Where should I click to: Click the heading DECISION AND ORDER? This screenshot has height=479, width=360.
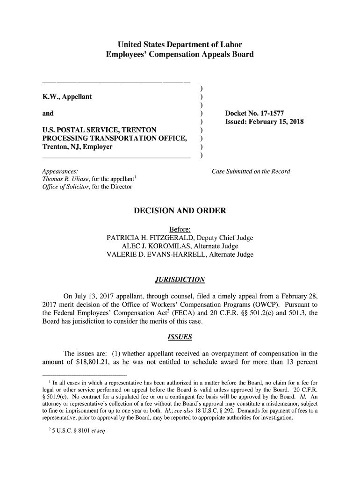point(180,210)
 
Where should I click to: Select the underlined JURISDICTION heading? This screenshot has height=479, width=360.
point(180,280)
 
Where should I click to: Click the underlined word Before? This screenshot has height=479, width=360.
point(180,230)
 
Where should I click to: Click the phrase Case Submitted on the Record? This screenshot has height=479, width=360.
point(251,171)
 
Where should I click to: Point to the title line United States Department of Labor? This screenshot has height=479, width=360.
point(180,45)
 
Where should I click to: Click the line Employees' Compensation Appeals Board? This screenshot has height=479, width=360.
point(180,55)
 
